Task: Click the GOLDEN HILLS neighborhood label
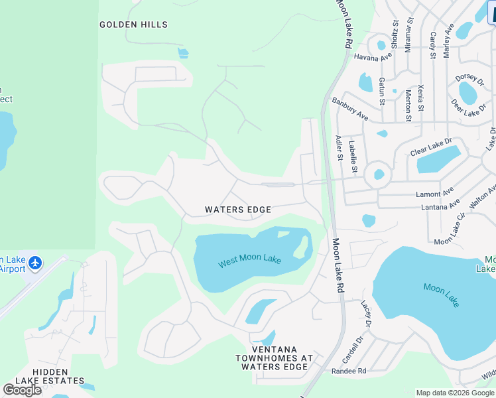click(x=133, y=25)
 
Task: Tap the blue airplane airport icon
click(x=35, y=263)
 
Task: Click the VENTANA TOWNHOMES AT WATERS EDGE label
click(x=273, y=358)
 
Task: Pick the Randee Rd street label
click(x=353, y=371)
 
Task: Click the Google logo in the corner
click(x=22, y=389)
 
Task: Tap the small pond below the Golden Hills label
click(x=182, y=53)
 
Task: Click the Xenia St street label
click(x=422, y=99)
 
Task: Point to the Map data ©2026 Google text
click(x=455, y=393)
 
